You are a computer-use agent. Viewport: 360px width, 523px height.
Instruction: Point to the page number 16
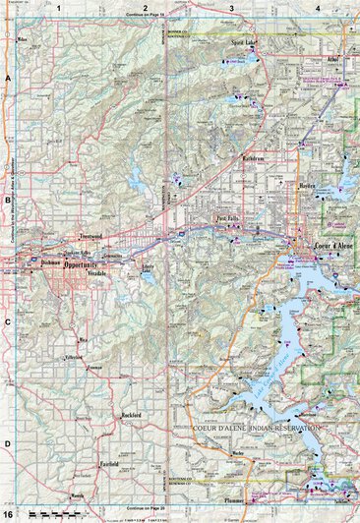[x=8, y=514]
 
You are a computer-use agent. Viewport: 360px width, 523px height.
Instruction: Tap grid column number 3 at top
[x=230, y=8]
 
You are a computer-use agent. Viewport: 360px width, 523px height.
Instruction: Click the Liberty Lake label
[x=149, y=267]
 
